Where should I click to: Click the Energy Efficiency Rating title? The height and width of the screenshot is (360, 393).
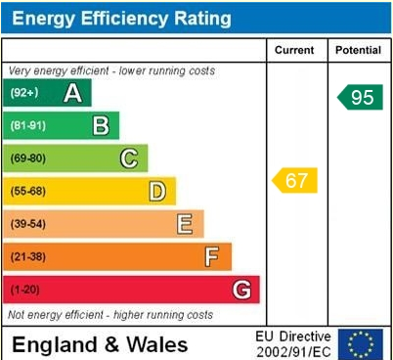coord(121,18)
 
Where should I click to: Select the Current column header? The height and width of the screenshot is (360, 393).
coord(294,50)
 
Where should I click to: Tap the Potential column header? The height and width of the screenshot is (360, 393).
coord(358,50)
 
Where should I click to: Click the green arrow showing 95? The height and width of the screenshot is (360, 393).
coord(359,97)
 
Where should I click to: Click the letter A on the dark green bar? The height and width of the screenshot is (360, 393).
coord(71,93)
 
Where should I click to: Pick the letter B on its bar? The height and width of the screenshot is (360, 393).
coord(100,125)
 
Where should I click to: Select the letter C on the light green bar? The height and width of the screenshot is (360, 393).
coord(128,158)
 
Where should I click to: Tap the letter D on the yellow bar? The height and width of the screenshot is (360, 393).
coord(156,191)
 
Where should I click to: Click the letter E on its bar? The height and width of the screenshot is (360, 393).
coord(184,224)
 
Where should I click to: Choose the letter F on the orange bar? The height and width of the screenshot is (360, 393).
coord(211,256)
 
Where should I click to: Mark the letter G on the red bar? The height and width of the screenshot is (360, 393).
coord(241,290)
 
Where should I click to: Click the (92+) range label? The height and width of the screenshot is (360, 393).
coord(24,93)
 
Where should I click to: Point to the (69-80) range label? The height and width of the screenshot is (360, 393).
coord(28,158)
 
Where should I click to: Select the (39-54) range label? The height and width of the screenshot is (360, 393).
coord(28,224)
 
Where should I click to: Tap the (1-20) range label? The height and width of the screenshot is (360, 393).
coord(25,290)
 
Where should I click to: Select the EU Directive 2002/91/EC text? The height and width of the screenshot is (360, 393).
coord(293,343)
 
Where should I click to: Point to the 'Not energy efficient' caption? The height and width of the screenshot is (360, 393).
coord(110,315)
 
